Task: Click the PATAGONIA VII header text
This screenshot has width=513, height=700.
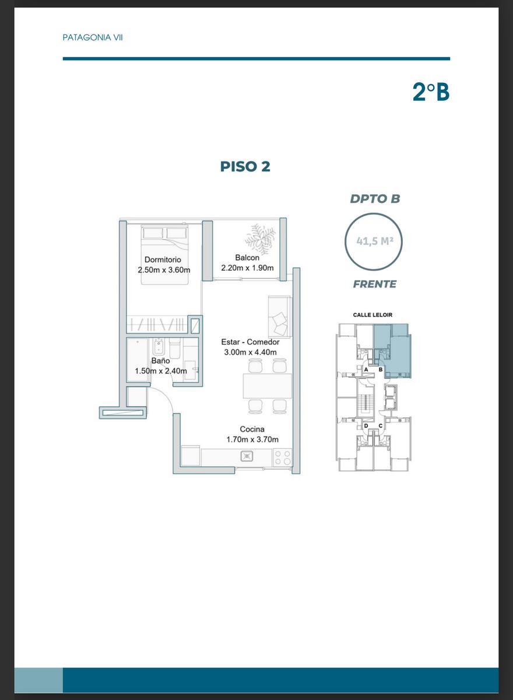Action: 93,38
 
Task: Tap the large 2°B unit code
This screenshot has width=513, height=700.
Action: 431,92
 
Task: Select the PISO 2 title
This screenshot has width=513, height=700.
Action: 245,166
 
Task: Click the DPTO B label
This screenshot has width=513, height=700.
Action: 375,199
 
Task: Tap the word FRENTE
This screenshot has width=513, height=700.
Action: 375,284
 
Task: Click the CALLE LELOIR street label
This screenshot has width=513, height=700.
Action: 373,315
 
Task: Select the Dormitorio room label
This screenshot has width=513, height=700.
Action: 163,260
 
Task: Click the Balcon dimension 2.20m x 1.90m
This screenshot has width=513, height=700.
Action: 247,268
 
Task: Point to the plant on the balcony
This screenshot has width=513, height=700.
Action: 260,239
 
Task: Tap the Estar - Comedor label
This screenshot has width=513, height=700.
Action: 250,342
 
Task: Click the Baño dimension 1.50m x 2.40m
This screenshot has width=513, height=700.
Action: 161,371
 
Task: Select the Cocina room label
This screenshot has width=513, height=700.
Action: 252,429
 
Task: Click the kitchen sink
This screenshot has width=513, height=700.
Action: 247,457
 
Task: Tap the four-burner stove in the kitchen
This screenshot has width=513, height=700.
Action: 283,457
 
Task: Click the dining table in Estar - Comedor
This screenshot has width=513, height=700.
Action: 267,386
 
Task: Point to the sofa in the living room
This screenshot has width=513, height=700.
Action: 279,317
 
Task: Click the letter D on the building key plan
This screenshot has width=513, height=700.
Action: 366,426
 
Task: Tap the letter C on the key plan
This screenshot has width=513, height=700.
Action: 380,426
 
